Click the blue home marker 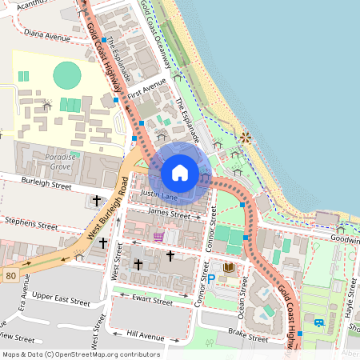pyautogui.click(x=180, y=173)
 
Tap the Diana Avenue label pyautogui.click(x=47, y=36)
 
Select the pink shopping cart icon pyautogui.click(x=159, y=237)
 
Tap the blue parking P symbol pyautogui.click(x=212, y=279)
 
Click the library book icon pyautogui.click(x=229, y=267)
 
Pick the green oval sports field pyautogui.click(x=67, y=77)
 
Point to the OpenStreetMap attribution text pyautogui.click(x=81, y=354)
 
